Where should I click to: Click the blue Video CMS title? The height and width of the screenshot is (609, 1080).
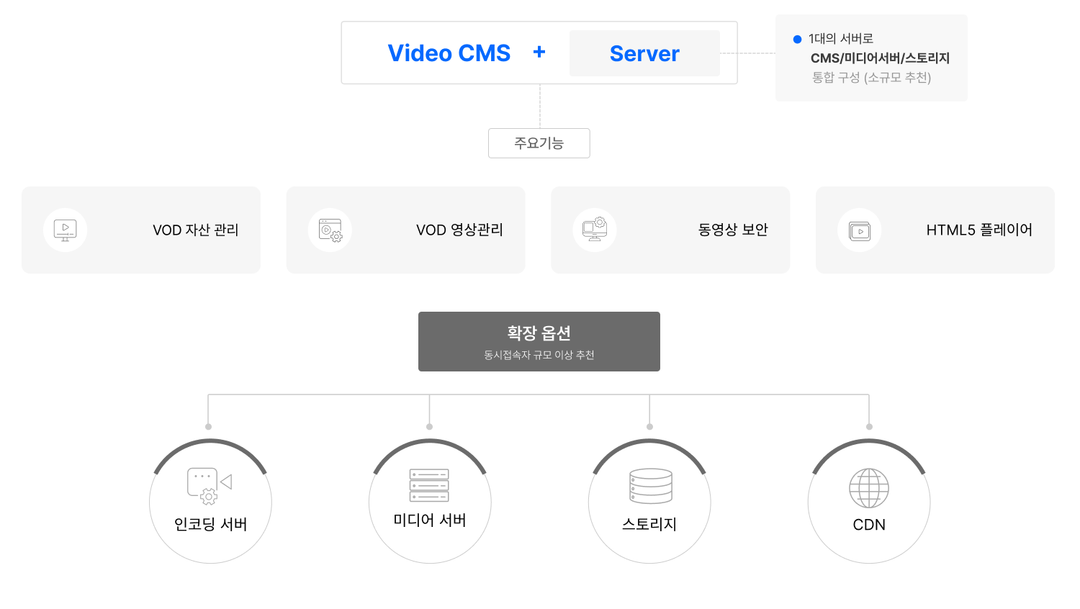coord(449,53)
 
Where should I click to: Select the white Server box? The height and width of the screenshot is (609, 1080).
coord(644,53)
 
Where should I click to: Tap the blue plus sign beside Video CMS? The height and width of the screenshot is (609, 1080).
coord(539,52)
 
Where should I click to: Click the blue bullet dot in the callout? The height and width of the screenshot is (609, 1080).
coord(797,39)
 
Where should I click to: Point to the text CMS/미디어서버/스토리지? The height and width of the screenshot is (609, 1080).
coord(880,58)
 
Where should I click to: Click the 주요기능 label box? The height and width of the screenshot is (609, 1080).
coord(539,143)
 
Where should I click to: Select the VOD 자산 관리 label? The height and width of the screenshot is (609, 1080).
coord(195,230)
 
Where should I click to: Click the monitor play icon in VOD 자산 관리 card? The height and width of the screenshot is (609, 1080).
coord(66,230)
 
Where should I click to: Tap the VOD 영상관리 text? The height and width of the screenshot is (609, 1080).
coord(459,230)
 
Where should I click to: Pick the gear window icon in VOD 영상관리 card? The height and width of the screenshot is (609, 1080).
coord(330,230)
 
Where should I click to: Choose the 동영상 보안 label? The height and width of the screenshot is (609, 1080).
coord(733,230)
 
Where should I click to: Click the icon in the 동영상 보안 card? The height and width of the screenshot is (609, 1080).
coord(595,230)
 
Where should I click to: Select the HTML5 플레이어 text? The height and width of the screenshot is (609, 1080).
coord(978,230)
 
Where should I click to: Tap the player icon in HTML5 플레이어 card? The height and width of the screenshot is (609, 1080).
coord(860,231)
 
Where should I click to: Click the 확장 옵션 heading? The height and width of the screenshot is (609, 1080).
coord(539,333)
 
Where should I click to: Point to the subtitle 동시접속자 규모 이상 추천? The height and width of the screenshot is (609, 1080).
coord(539,355)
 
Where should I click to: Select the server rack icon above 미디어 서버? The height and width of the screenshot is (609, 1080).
coord(429,486)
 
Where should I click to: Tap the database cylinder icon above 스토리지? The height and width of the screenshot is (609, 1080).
coord(650,487)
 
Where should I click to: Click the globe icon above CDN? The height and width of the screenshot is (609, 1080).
coord(869,488)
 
